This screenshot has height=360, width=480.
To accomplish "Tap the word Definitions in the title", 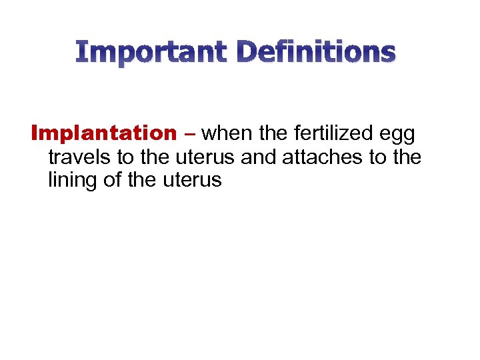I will tap(316, 51).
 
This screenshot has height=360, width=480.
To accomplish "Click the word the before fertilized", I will tap(273, 134).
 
